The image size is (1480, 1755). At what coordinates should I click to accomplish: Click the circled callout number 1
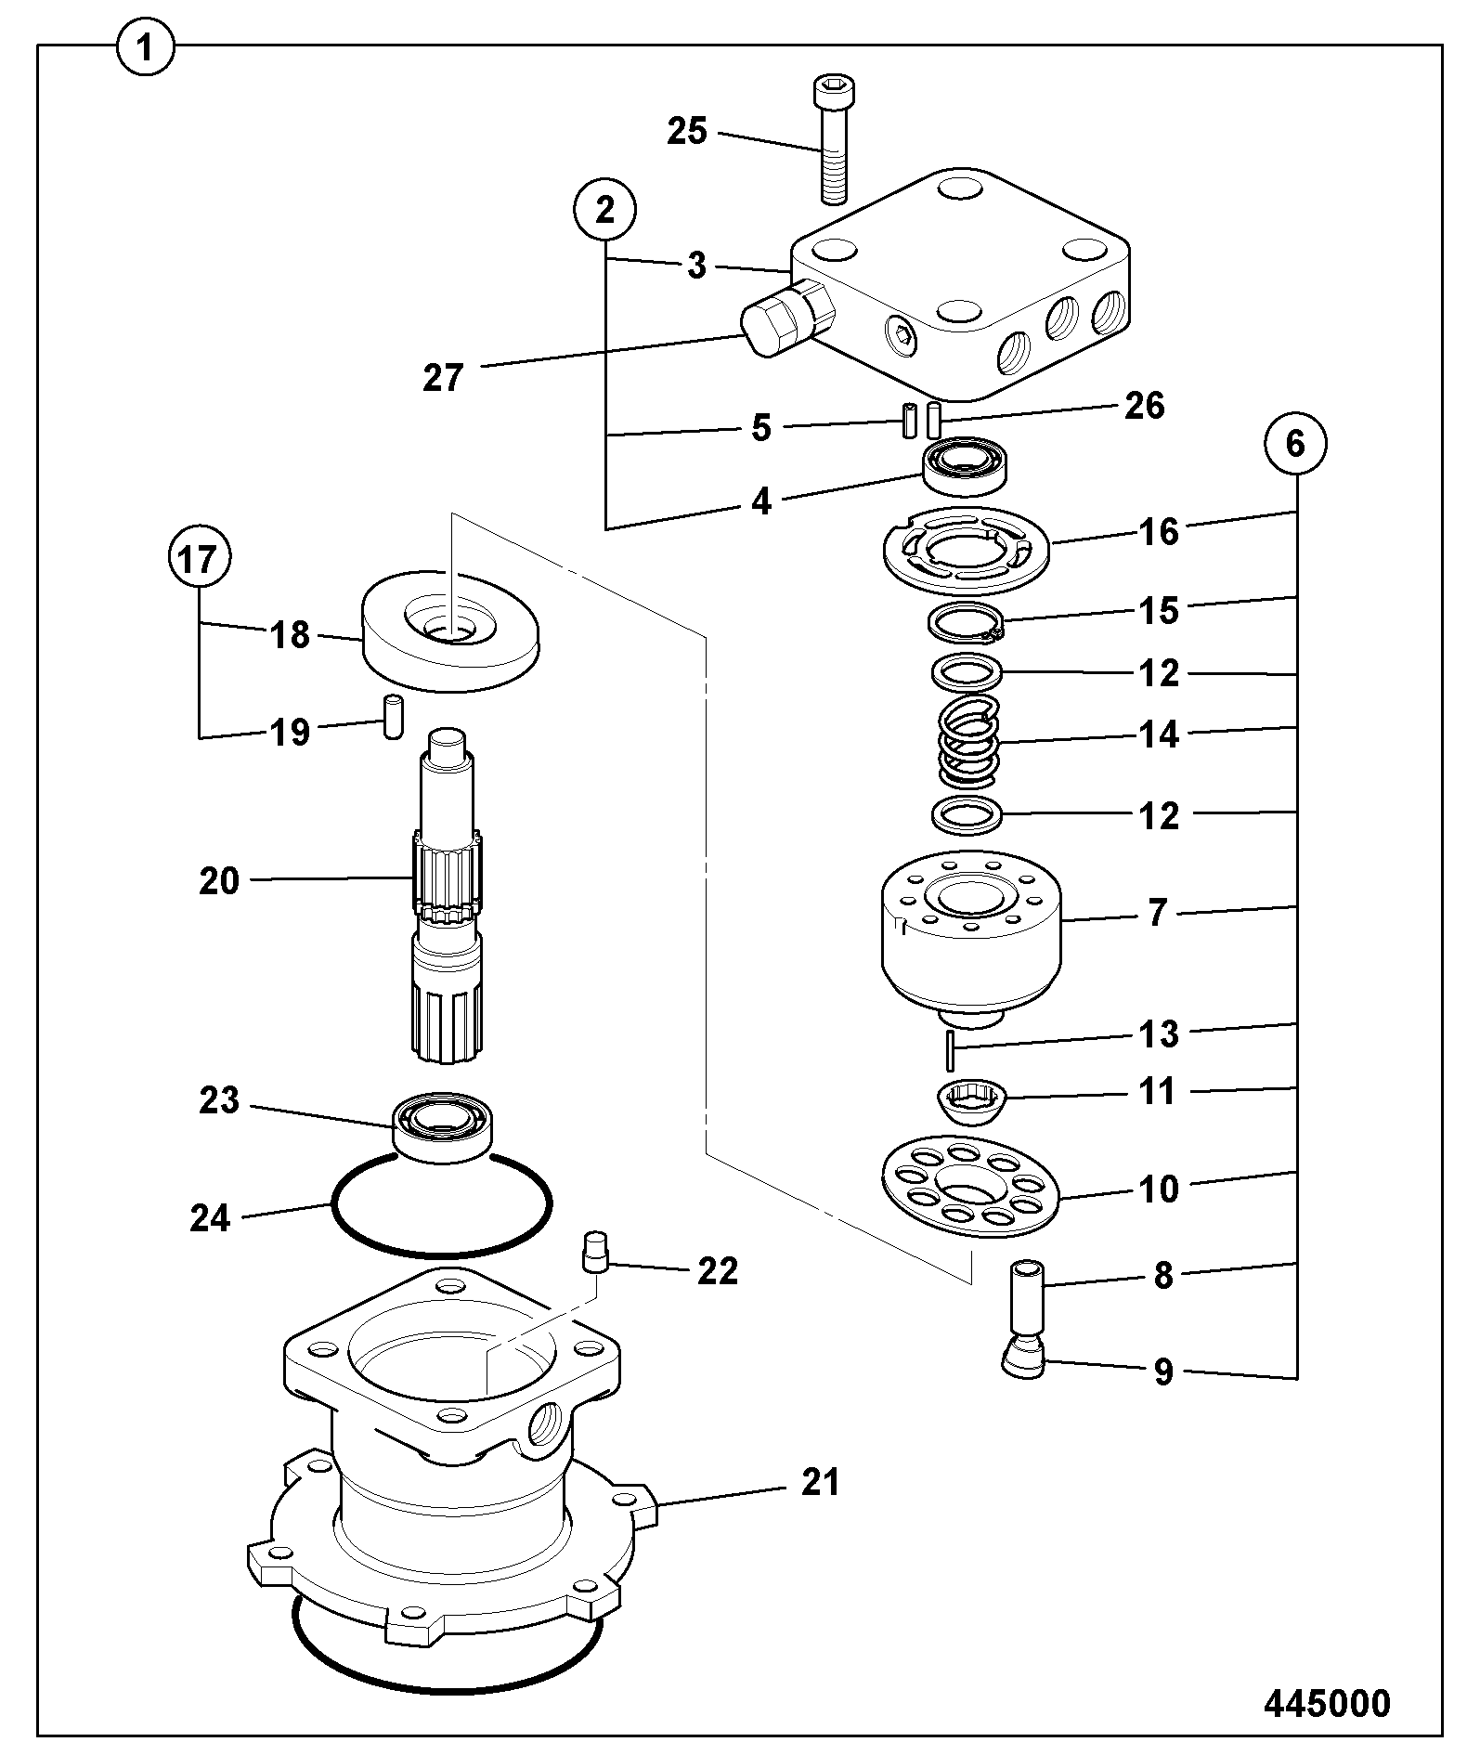click(145, 48)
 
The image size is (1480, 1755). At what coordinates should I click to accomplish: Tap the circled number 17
click(199, 560)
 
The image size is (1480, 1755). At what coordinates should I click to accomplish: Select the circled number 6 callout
click(1296, 445)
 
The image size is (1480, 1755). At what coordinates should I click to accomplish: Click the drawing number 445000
click(1327, 1703)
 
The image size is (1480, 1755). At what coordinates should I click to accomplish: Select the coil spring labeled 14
click(969, 743)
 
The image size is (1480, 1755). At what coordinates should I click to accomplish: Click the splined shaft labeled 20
click(448, 896)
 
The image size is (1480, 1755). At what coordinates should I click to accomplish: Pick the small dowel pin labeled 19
click(394, 717)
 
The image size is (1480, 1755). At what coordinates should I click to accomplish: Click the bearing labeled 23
click(443, 1124)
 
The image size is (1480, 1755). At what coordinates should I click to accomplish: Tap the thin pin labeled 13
click(950, 1049)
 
